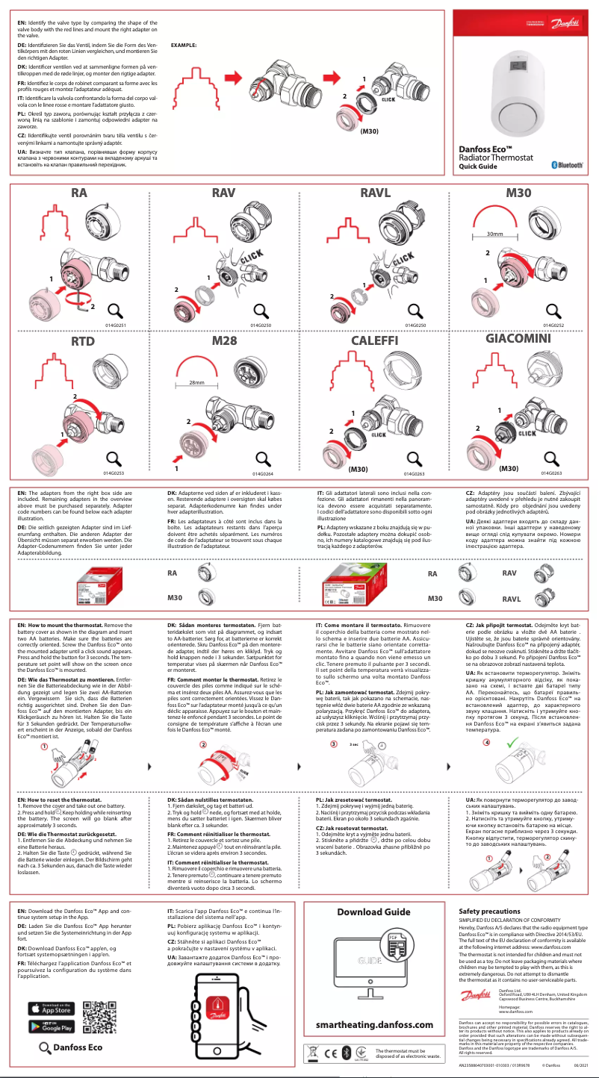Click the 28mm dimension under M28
[x=196, y=382]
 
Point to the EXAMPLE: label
[x=184, y=46]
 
